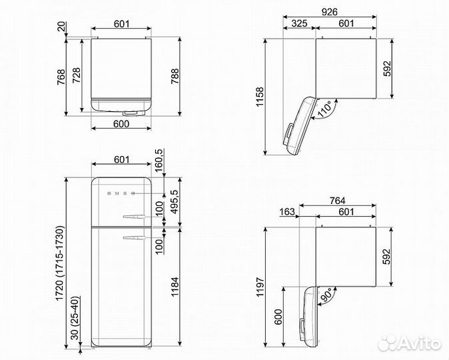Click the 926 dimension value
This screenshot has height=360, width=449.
coord(329,12)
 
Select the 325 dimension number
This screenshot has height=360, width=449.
coord(299,23)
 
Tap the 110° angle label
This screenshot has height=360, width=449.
coord(325,109)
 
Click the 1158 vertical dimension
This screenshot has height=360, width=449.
coord(260,97)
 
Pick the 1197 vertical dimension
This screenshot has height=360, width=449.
coord(260,287)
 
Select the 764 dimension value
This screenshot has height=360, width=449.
coord(337,201)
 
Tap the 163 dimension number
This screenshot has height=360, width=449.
coord(286,212)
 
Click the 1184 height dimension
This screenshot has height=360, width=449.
coord(175,287)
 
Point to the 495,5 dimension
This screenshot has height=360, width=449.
coord(175,202)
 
